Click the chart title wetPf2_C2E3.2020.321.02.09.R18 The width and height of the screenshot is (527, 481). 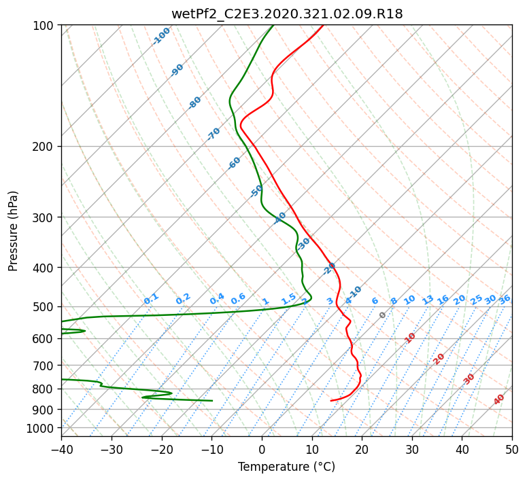[287, 14]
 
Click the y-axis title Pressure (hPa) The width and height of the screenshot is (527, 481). [12, 231]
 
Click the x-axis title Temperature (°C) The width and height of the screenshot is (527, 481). [287, 467]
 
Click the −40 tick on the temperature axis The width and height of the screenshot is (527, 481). [61, 449]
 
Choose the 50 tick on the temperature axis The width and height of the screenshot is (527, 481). [512, 449]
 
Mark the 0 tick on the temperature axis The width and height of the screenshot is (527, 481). [262, 449]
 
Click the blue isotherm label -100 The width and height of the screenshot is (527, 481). [161, 36]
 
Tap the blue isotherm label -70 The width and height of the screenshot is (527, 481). [214, 134]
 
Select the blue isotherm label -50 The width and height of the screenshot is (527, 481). [256, 191]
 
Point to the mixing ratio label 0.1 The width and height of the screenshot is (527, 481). [151, 299]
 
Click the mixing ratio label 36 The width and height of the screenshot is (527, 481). [505, 300]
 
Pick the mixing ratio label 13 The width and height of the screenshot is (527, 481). [428, 300]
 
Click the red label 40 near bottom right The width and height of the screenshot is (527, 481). [498, 399]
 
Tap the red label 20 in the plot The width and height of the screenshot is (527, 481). [439, 359]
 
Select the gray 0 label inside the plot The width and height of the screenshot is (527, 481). [382, 315]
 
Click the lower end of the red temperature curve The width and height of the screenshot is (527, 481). [331, 401]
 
